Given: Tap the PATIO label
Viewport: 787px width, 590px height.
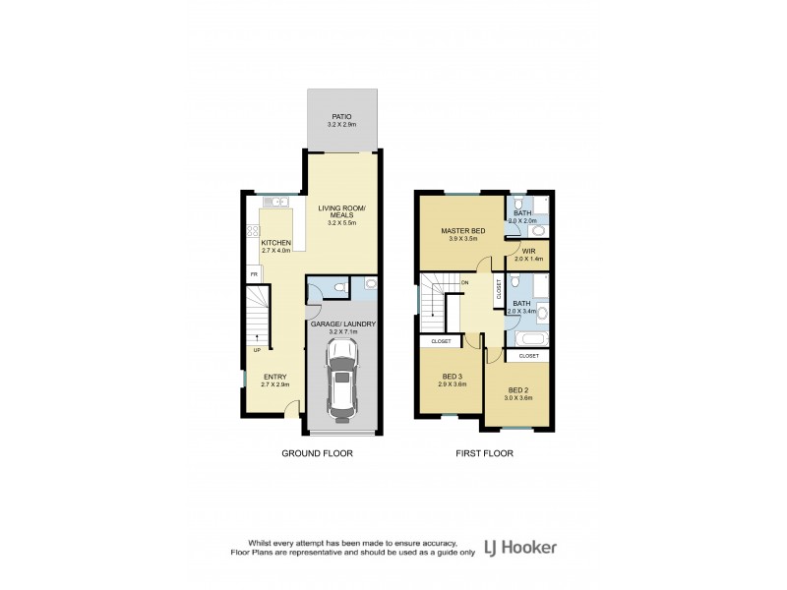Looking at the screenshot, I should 341,116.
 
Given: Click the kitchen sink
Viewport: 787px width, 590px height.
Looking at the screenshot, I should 276,203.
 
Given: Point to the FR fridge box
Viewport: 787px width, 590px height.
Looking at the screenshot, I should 253,275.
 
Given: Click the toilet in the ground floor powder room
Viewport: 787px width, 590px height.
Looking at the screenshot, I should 339,287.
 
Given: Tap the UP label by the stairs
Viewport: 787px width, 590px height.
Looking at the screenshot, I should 258,350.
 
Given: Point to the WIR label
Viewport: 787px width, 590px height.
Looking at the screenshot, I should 528,251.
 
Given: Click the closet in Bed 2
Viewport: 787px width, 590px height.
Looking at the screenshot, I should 528,355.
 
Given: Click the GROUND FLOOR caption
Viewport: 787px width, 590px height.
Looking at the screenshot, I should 317,453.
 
